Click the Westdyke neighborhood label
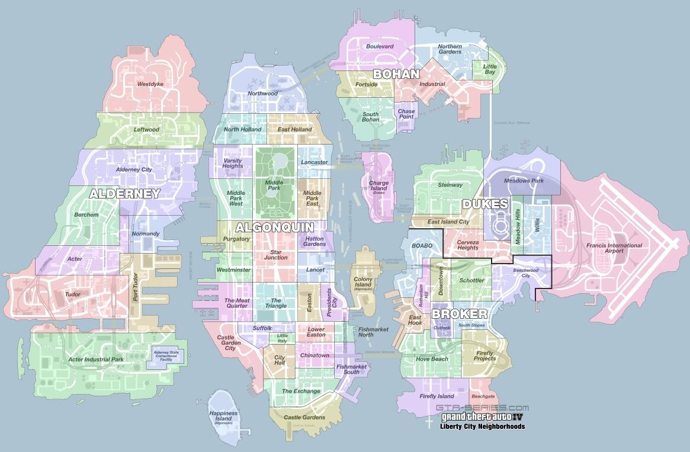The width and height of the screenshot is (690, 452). pos(150,84)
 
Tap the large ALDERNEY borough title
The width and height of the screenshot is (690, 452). pos(125,194)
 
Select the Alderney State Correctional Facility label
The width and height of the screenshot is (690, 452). pos(169,355)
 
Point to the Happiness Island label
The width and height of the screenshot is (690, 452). pos(223,416)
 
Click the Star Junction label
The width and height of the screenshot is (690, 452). pos(275,255)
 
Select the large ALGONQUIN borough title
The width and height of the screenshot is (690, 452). pos(274,227)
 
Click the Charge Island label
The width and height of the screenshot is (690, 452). pos(379,187)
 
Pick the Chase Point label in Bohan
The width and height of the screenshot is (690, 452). pos(406,114)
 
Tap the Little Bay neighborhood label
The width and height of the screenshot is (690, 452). pos(490,69)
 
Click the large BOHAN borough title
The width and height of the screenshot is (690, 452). pos(396,74)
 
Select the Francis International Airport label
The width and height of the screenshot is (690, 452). pos(605,248)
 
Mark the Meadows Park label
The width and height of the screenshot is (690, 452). pos(524,181)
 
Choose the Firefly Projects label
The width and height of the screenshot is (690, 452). pos(484,356)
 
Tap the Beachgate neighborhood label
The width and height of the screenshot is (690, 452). pos(483,396)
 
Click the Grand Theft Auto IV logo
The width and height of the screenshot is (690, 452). pos(482,417)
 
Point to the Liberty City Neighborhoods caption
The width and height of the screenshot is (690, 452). pos(482,427)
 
